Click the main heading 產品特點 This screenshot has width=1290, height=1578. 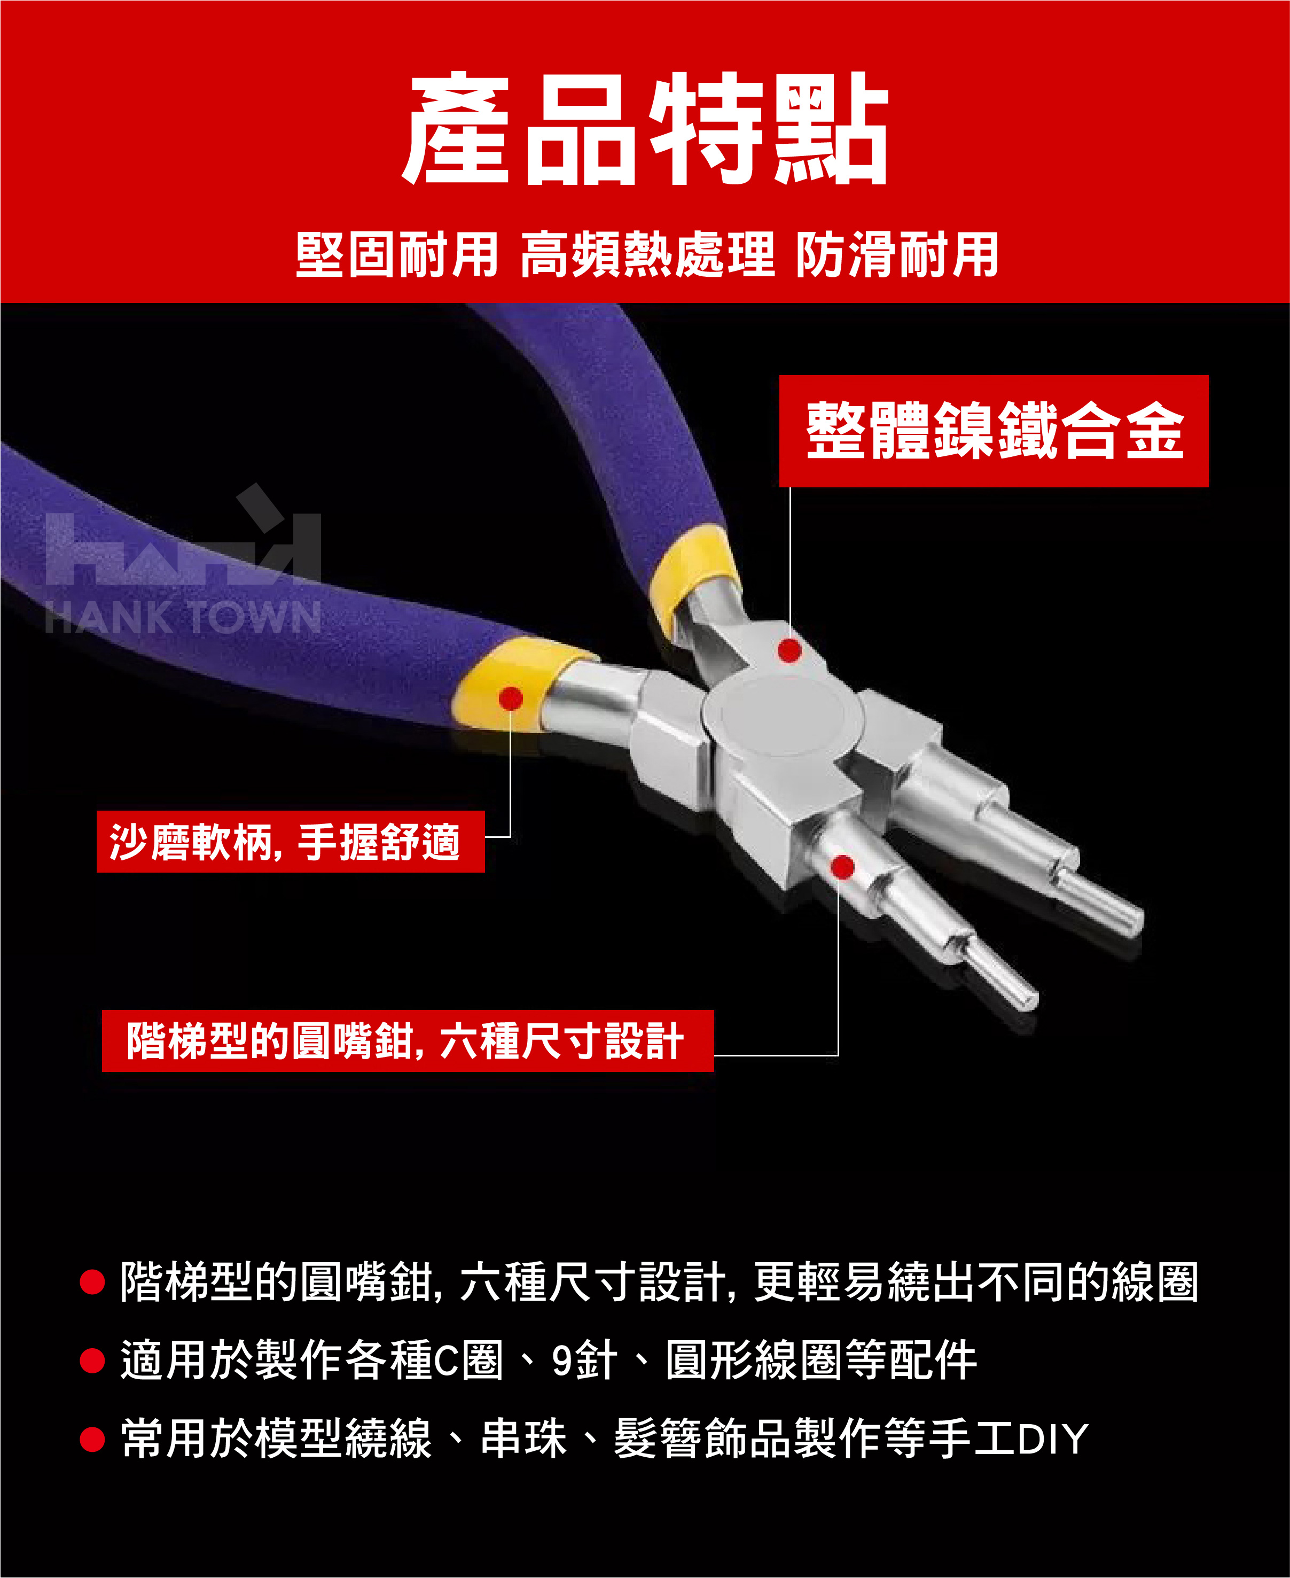645,129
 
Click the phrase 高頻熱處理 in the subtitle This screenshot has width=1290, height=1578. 647,254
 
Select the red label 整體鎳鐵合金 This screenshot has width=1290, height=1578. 994,431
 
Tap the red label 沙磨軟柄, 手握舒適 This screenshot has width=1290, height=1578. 291,842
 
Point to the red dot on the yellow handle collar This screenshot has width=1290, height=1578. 511,698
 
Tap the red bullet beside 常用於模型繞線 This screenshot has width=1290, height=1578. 92,1439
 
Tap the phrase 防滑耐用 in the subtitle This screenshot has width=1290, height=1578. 897,254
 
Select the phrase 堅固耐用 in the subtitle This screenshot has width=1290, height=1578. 397,254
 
